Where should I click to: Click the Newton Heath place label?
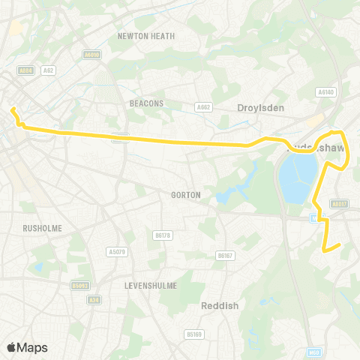point(146,35)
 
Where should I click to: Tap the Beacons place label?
point(146,103)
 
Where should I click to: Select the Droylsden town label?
point(260,108)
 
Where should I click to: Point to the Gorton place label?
point(185,195)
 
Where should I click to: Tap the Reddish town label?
point(218,305)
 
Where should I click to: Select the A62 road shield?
point(49,70)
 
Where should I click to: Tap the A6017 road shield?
point(340,202)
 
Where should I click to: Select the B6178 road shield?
point(162,235)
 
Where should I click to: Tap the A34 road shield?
point(94,300)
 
